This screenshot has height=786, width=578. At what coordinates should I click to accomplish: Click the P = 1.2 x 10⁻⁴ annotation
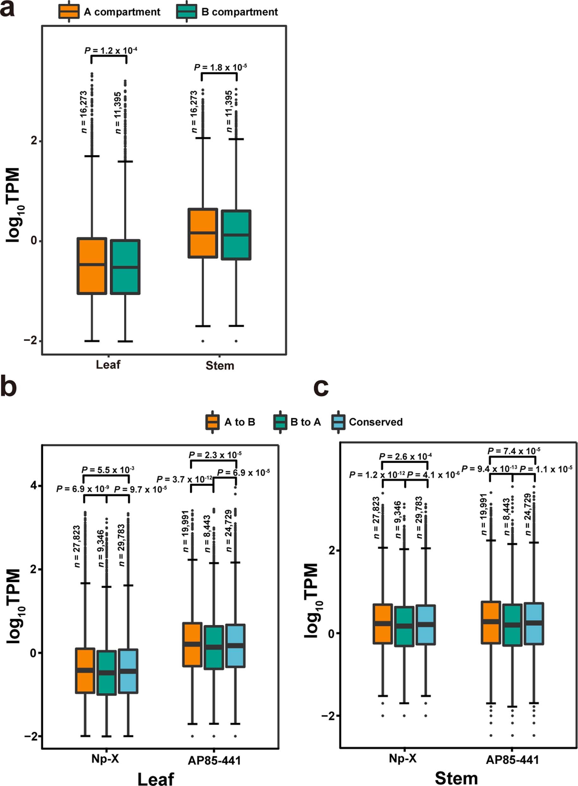pyautogui.click(x=110, y=51)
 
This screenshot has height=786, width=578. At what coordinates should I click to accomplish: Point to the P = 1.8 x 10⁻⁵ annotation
pyautogui.click(x=220, y=67)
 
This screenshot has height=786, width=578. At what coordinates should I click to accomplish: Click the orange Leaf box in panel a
pyautogui.click(x=92, y=266)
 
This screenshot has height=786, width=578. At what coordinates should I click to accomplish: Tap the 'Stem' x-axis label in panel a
pyautogui.click(x=220, y=366)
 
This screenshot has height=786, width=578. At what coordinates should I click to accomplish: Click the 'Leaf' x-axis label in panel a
pyautogui.click(x=108, y=365)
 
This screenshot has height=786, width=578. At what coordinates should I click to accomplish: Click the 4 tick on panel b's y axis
pyautogui.click(x=33, y=486)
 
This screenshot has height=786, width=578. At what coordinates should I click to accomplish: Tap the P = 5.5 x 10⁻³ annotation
pyautogui.click(x=108, y=470)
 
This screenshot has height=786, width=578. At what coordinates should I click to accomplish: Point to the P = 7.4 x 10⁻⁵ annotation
pyautogui.click(x=514, y=451)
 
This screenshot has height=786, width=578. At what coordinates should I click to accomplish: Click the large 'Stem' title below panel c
pyautogui.click(x=456, y=778)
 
